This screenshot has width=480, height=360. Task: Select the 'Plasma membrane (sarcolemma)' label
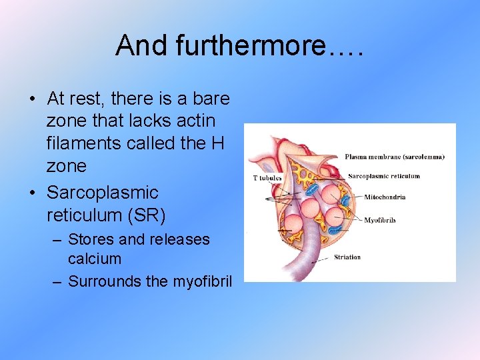point(394,157)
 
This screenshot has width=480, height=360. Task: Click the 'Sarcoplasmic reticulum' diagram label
point(385,176)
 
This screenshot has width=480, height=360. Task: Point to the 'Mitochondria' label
point(384,197)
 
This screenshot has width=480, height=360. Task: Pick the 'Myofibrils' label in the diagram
point(379,220)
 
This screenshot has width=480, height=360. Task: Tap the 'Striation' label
point(347,257)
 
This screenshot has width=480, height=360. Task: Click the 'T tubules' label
point(267,178)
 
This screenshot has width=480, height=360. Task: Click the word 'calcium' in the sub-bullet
point(95,259)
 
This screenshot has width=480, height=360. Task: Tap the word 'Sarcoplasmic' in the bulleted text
point(102,193)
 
